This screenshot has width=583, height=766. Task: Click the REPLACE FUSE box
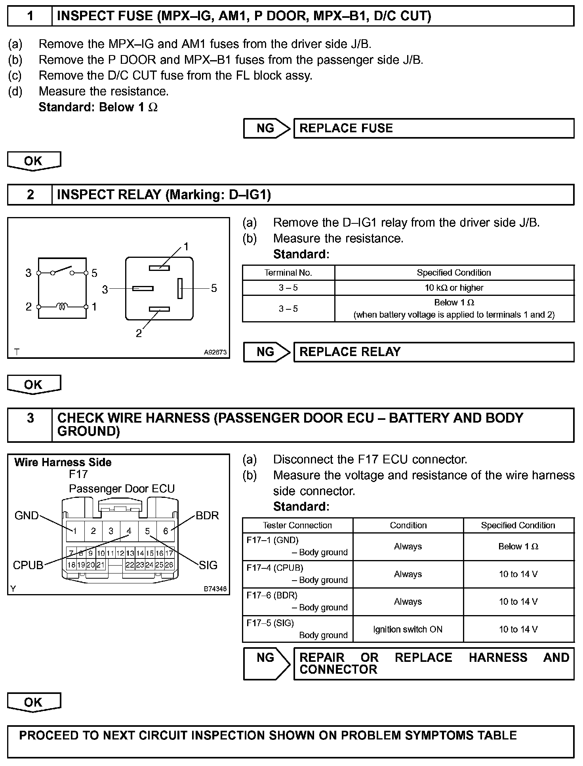pyautogui.click(x=434, y=128)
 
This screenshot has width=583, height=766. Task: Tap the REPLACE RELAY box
pyautogui.click(x=434, y=352)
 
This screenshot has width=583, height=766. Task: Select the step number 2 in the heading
pyautogui.click(x=30, y=195)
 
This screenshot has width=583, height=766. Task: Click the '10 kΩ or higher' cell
pyautogui.click(x=454, y=288)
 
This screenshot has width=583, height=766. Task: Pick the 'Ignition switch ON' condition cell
pyautogui.click(x=408, y=629)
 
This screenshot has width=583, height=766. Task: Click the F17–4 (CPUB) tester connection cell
pyautogui.click(x=297, y=574)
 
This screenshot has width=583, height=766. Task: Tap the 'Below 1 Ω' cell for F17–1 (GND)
pyautogui.click(x=518, y=547)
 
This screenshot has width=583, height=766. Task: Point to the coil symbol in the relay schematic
pyautogui.click(x=62, y=306)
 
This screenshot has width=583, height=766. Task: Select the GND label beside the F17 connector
pyautogui.click(x=27, y=516)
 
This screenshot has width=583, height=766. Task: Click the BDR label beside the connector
pyautogui.click(x=207, y=516)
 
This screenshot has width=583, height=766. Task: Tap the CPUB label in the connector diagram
pyautogui.click(x=28, y=565)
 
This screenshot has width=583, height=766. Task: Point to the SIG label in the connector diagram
pyautogui.click(x=208, y=565)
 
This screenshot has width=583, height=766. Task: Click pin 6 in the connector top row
pyautogui.click(x=166, y=531)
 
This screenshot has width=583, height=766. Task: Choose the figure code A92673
pyautogui.click(x=215, y=352)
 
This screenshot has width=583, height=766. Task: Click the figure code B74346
pyautogui.click(x=215, y=589)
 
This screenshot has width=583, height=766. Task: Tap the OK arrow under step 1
pyautogui.click(x=34, y=161)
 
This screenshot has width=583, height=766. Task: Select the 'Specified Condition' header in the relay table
pyautogui.click(x=454, y=273)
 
